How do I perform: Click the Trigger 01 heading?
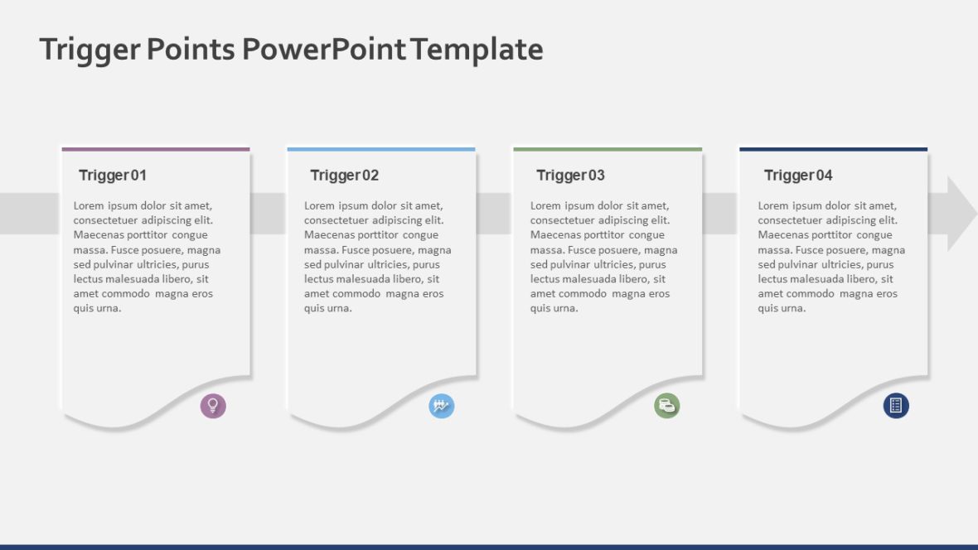(113, 176)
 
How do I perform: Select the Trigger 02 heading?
(344, 176)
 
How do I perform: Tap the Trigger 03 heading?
(570, 176)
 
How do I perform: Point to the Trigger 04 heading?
(798, 176)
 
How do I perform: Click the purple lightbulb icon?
(213, 406)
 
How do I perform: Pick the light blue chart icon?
(442, 406)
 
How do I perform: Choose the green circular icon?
(667, 406)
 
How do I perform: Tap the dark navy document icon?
(896, 406)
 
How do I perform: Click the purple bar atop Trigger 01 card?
(156, 149)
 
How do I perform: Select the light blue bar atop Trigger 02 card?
(381, 149)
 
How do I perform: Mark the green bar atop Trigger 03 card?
(608, 149)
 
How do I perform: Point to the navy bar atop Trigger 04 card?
(833, 149)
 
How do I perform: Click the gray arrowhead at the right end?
(961, 214)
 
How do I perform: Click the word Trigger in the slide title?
(90, 51)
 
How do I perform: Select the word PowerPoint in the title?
(323, 50)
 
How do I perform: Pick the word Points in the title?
(190, 50)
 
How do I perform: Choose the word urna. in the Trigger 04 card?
(793, 308)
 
